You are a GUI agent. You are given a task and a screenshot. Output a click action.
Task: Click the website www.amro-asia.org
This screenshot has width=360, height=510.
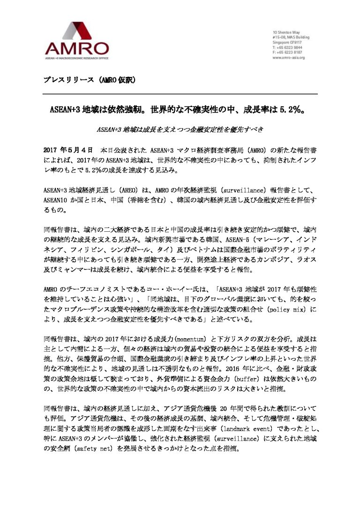tap(289, 58)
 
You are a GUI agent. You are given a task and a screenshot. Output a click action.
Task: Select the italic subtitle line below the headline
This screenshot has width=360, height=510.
tap(180, 130)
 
